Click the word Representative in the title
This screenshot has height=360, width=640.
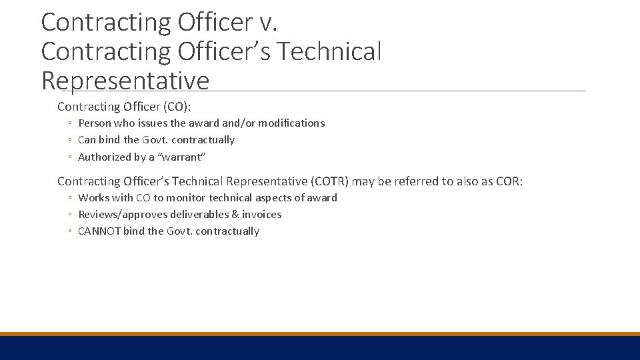(125, 81)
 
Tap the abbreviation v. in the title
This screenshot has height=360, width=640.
(268, 22)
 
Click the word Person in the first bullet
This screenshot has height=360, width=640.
(94, 123)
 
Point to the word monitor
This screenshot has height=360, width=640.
(186, 197)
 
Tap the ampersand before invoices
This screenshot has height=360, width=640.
(235, 214)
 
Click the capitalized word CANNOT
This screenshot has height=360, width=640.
(99, 231)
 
